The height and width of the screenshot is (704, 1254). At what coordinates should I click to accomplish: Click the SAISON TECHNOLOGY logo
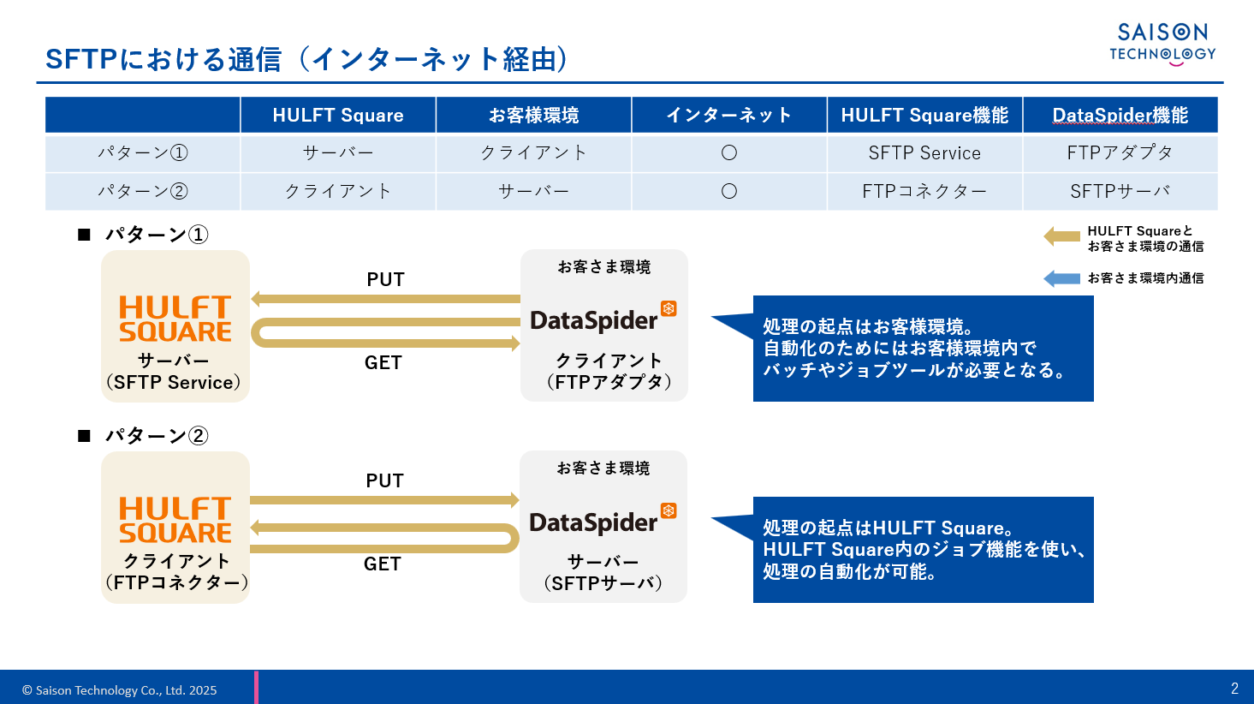pyautogui.click(x=1162, y=45)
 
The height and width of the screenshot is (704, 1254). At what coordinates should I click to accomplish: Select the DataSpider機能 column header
pyautogui.click(x=1120, y=115)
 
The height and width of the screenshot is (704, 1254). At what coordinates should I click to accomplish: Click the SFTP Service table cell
pyautogui.click(x=924, y=153)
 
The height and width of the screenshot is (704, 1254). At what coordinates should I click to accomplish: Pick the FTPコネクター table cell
pyautogui.click(x=924, y=192)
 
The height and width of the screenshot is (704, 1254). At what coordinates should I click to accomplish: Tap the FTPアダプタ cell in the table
pyautogui.click(x=1120, y=153)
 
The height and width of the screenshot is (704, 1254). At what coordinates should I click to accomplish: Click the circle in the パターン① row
pyautogui.click(x=729, y=153)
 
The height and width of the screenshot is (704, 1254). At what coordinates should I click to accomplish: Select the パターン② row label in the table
pyautogui.click(x=143, y=192)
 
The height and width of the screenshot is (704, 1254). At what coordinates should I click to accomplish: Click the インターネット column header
pyautogui.click(x=729, y=115)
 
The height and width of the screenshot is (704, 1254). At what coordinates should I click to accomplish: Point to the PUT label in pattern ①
pyautogui.click(x=385, y=279)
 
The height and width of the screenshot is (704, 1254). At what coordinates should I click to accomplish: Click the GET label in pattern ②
pyautogui.click(x=383, y=564)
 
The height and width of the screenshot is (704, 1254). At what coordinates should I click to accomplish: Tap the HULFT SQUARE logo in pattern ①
pyautogui.click(x=175, y=319)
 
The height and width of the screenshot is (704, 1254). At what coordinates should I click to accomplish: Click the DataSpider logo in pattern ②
pyautogui.click(x=603, y=520)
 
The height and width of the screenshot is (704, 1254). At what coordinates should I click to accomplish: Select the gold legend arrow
pyautogui.click(x=1061, y=236)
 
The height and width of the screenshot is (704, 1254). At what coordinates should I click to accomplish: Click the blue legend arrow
pyautogui.click(x=1061, y=278)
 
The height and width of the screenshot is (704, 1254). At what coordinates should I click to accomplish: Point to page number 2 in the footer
pyautogui.click(x=1234, y=689)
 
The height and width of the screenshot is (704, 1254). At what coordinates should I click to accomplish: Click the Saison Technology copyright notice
pyautogui.click(x=119, y=690)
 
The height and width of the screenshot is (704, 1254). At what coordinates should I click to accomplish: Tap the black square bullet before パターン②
pyautogui.click(x=84, y=436)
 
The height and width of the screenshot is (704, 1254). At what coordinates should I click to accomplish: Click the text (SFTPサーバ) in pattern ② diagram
pyautogui.click(x=603, y=583)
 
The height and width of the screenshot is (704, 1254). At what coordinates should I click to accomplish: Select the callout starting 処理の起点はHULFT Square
pyautogui.click(x=923, y=550)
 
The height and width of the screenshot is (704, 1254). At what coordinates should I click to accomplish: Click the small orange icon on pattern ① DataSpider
pyautogui.click(x=669, y=308)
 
